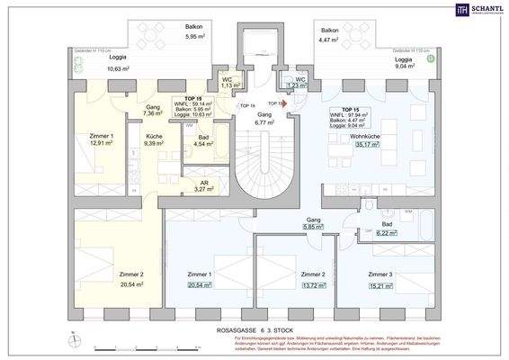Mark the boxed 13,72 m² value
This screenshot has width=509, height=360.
311,285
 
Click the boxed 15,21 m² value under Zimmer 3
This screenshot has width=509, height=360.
385,285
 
